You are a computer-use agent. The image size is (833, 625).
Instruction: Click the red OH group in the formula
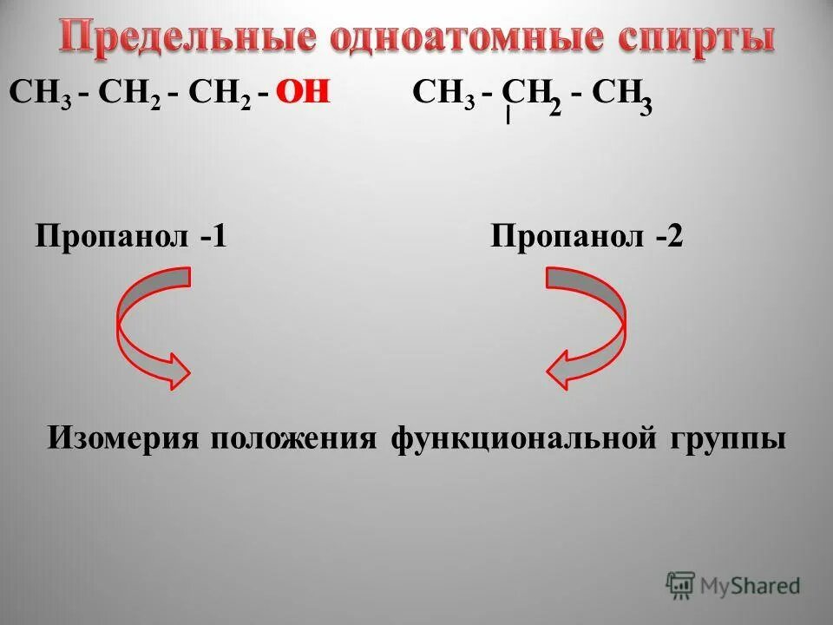coord(304,93)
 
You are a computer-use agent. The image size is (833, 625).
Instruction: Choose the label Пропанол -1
coord(131,235)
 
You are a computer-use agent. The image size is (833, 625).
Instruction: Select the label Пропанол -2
coord(587,235)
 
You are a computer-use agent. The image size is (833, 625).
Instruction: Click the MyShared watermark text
coord(751,586)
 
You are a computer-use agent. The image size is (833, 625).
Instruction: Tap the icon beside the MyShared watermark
coord(680,586)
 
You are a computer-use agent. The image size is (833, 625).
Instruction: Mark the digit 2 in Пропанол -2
coord(674,235)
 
